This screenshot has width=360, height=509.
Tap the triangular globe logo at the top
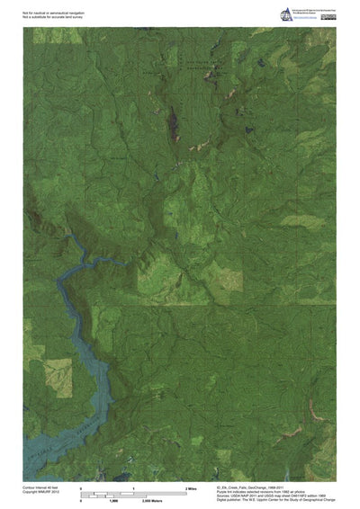coord(287,12)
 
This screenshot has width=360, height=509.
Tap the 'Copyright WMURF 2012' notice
coord(41,490)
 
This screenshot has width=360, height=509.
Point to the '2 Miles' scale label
coord(191,487)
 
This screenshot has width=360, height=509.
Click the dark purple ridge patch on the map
coord(172,116)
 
